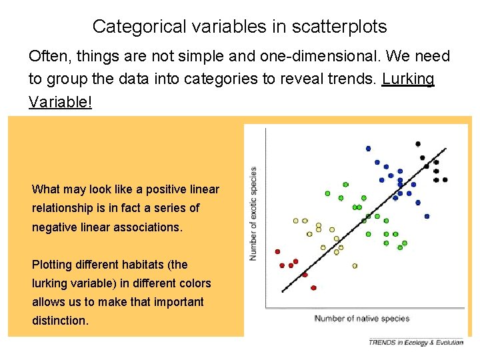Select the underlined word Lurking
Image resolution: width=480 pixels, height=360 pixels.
(408, 79)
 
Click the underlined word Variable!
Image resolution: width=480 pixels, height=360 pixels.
(61, 101)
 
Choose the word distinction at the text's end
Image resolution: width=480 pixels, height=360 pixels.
(60, 321)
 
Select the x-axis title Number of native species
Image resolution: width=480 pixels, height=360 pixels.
(362, 319)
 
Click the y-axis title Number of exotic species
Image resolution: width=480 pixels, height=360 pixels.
(253, 213)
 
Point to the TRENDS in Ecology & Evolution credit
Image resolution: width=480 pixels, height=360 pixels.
(416, 342)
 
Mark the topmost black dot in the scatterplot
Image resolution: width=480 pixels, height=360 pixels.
(418, 144)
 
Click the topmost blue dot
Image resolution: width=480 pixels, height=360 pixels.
(368, 149)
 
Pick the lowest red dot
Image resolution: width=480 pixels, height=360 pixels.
(313, 288)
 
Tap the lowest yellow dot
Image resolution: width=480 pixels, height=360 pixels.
(355, 265)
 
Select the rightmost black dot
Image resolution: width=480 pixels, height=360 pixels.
(445, 179)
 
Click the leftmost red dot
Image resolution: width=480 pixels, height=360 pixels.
(277, 251)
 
